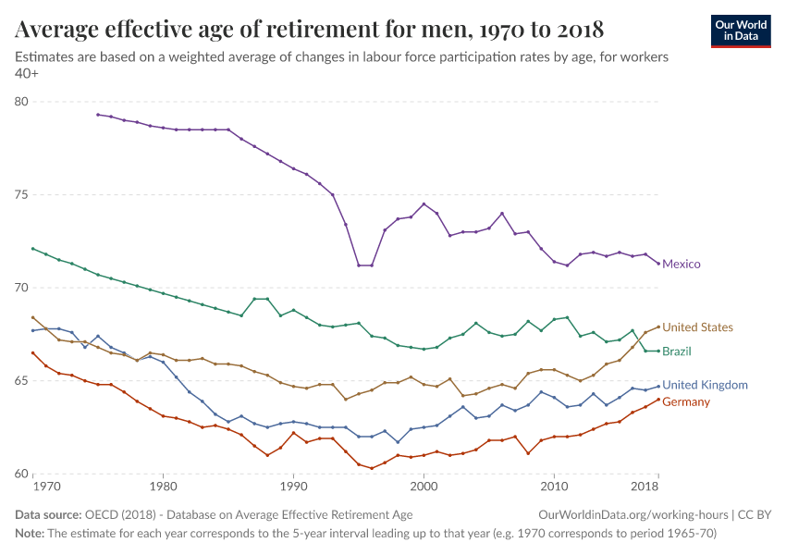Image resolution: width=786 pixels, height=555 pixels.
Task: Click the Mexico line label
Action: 681,265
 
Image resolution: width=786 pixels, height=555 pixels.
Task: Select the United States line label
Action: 697,327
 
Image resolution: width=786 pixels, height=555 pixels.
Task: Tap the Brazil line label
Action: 676,351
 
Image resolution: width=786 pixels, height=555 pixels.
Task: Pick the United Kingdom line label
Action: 706,385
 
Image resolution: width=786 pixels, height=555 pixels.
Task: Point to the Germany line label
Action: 686,402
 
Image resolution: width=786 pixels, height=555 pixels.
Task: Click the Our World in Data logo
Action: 740,31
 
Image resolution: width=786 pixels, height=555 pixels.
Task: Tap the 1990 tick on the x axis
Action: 293,486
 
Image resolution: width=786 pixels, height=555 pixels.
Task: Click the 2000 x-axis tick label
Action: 424,486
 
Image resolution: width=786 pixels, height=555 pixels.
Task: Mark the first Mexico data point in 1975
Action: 97,115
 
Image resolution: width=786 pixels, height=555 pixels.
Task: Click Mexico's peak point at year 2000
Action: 424,204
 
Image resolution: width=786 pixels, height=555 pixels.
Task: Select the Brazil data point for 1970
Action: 32,249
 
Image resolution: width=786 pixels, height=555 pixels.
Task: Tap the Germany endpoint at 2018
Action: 657,400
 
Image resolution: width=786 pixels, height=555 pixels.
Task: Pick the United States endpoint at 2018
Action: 657,327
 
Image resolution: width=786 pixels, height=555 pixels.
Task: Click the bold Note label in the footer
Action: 29,534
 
